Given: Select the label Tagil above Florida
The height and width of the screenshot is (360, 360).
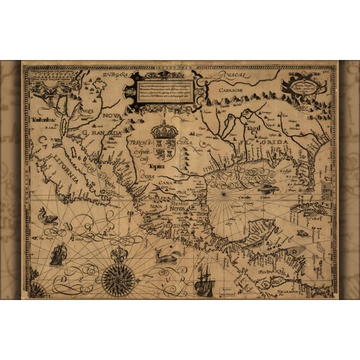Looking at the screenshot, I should pos(252,128).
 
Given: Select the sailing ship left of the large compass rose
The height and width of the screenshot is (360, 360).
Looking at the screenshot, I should pos(58,253).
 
